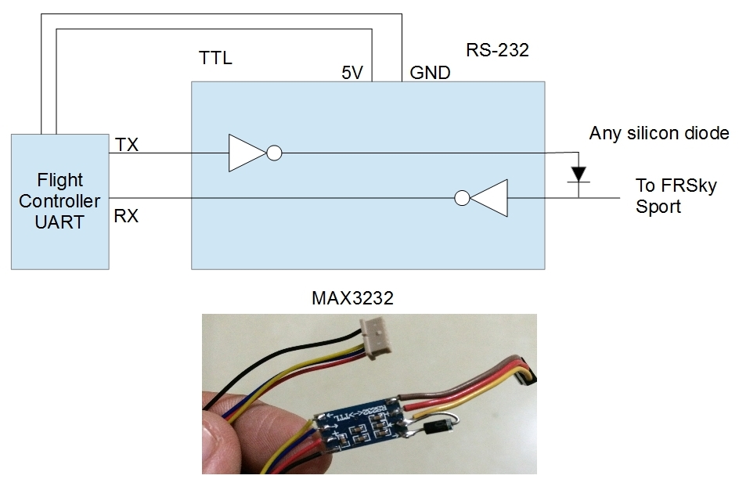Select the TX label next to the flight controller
click(127, 144)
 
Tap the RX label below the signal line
click(126, 216)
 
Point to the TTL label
click(216, 58)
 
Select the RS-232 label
click(498, 52)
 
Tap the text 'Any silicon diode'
click(659, 133)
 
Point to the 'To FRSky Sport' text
click(665, 197)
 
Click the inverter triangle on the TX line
click(247, 153)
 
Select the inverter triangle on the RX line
click(489, 198)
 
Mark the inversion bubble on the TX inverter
click(274, 153)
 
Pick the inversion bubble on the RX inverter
click(463, 198)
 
